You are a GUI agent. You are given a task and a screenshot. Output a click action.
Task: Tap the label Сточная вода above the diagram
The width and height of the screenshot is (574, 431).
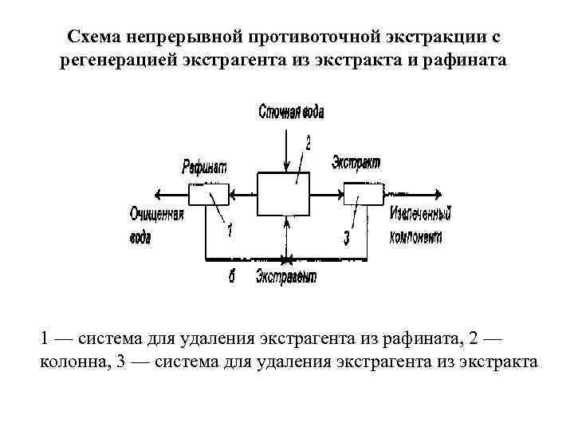click(291, 112)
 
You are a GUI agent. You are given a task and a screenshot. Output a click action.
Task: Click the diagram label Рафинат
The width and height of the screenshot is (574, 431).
click(204, 166)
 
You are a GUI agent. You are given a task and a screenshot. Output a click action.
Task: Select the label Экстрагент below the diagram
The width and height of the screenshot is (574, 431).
click(287, 276)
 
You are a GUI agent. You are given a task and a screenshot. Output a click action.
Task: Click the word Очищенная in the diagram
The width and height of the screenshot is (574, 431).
click(157, 214)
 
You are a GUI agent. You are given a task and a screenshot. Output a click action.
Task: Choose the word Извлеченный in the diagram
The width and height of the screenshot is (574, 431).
click(421, 214)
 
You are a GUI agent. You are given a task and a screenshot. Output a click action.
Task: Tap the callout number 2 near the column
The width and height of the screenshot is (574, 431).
click(308, 142)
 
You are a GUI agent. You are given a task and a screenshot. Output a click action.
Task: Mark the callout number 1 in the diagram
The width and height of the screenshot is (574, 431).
click(230, 231)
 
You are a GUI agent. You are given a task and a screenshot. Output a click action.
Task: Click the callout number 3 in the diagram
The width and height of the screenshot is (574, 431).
click(347, 237)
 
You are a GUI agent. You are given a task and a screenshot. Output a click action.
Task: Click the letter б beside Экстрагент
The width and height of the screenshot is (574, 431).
click(230, 276)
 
